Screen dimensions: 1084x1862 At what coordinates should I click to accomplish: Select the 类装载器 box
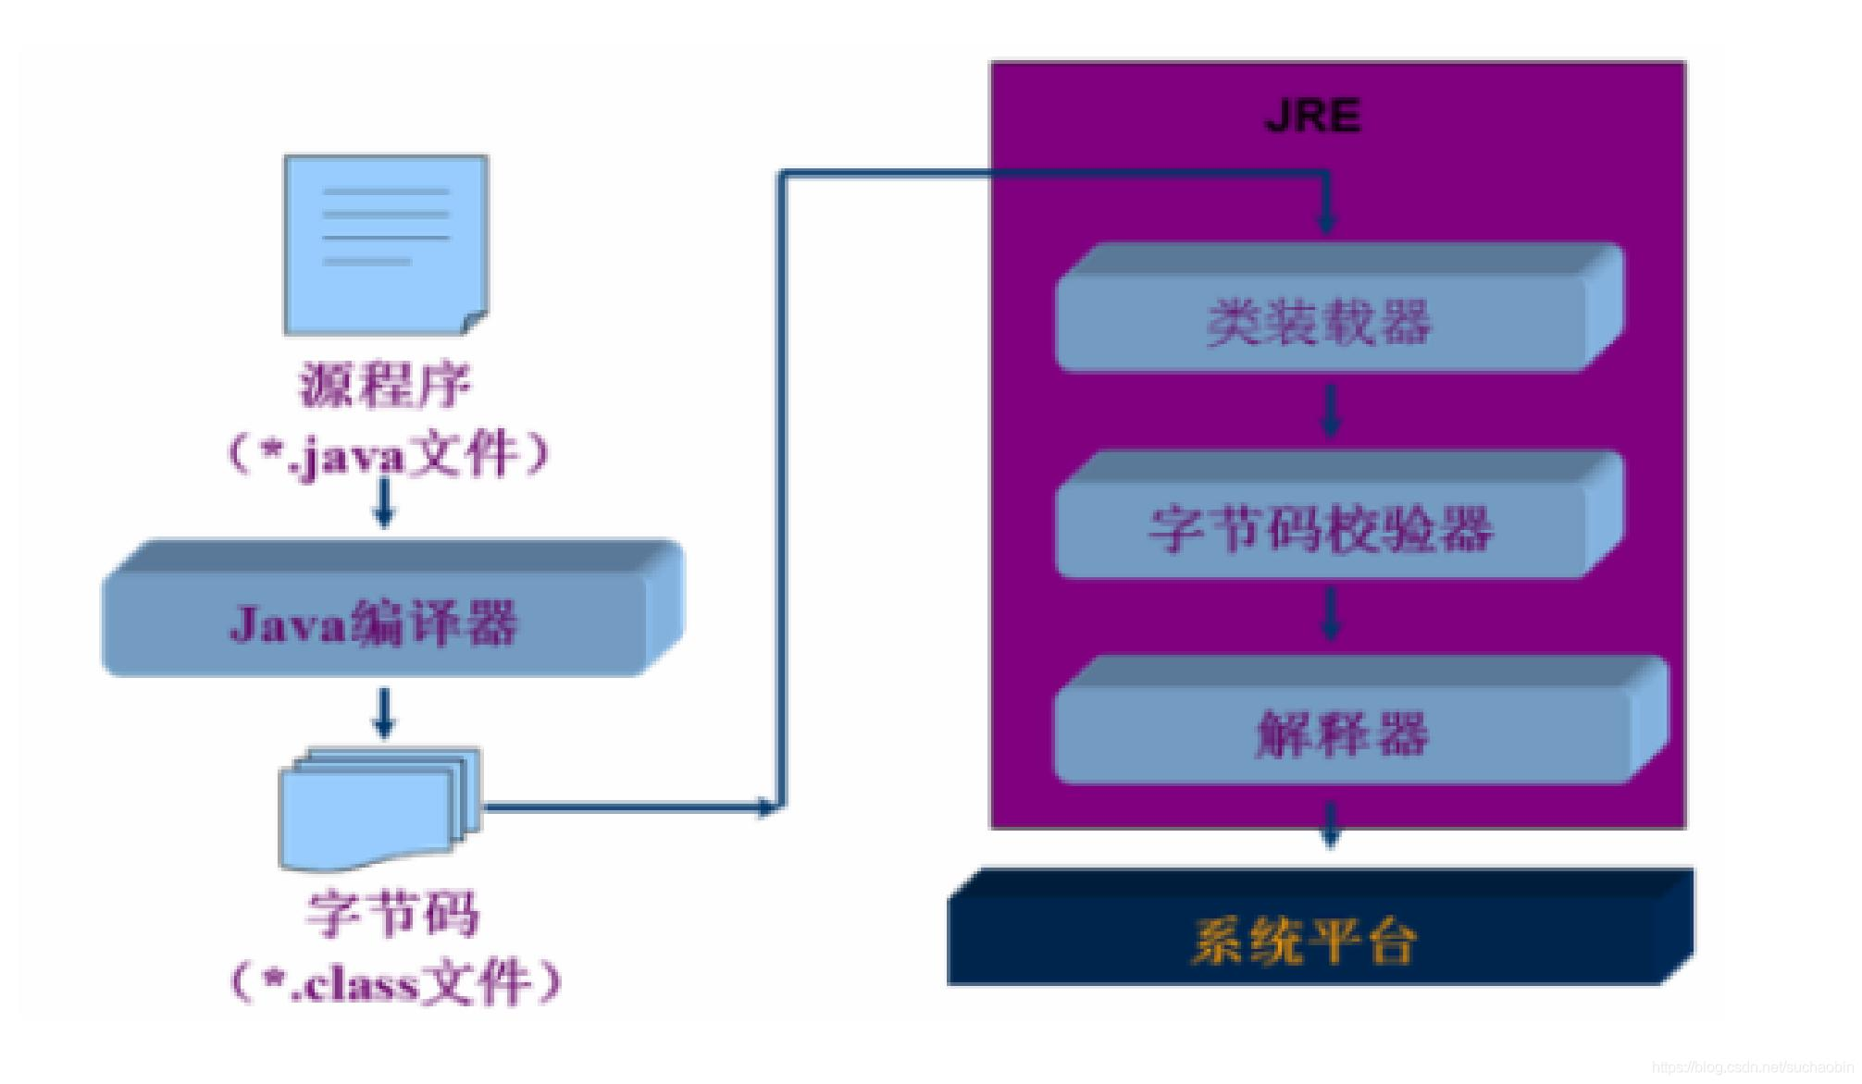pyautogui.click(x=1319, y=322)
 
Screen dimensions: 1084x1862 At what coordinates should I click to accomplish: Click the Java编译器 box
pyautogui.click(x=375, y=622)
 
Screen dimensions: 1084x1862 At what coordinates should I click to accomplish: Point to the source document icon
pyautogui.click(x=385, y=242)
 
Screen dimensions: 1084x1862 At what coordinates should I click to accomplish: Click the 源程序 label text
pyautogui.click(x=385, y=385)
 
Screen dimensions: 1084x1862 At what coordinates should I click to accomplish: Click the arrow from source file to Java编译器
pyautogui.click(x=384, y=503)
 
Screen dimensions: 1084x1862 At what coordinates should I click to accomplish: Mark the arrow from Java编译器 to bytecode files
pyautogui.click(x=384, y=712)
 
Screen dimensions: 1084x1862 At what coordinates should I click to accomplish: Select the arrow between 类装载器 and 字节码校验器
pyautogui.click(x=1330, y=411)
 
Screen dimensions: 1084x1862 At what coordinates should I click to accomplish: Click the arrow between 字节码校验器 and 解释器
pyautogui.click(x=1330, y=615)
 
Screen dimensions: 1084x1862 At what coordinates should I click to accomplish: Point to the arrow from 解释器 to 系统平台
pyautogui.click(x=1330, y=826)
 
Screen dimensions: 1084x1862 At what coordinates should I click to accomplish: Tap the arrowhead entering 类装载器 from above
pyautogui.click(x=1327, y=222)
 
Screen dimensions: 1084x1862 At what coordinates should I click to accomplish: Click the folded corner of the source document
pyautogui.click(x=475, y=322)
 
